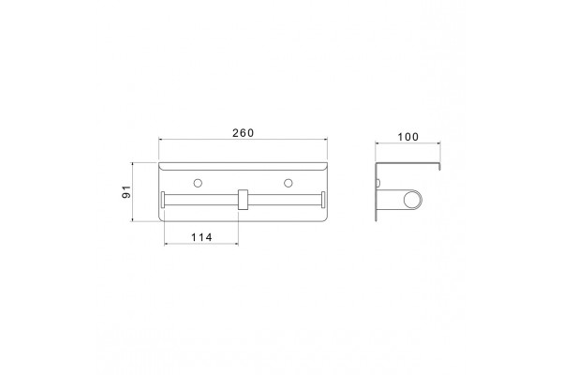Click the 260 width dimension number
(x=243, y=133)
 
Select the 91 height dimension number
(x=126, y=192)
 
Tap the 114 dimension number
(x=201, y=237)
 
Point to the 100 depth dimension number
(x=407, y=137)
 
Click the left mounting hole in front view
(x=198, y=183)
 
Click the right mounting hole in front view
(x=288, y=183)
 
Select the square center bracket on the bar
(x=243, y=199)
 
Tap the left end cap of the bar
(x=163, y=200)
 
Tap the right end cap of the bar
(x=323, y=200)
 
